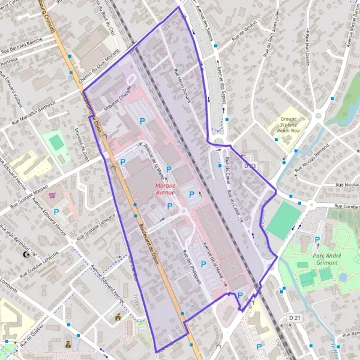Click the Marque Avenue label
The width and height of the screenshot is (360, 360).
161,189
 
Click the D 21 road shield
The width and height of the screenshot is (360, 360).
294,317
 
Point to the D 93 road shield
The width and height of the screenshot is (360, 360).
250,166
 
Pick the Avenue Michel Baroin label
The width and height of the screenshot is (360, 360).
350,30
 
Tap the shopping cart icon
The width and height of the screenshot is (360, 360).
52,195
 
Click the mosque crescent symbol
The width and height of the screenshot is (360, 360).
26,255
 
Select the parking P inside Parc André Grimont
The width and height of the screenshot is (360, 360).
317,239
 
